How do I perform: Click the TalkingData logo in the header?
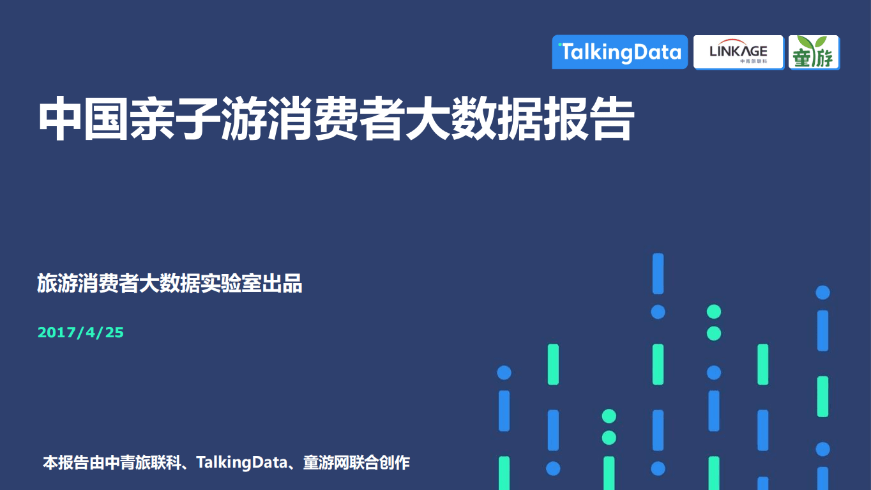click(619, 52)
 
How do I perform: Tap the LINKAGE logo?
click(738, 52)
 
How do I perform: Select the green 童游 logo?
click(814, 52)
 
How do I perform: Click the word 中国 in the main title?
click(84, 119)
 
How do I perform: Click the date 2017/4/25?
click(80, 332)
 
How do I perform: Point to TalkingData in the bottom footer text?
click(242, 463)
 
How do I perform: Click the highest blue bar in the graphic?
click(658, 273)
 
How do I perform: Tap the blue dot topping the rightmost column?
click(822, 293)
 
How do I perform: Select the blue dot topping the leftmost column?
click(504, 372)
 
